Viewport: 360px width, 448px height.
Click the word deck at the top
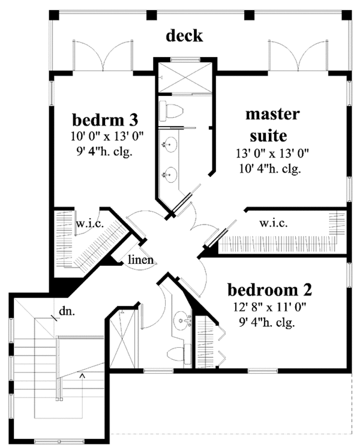click(x=184, y=36)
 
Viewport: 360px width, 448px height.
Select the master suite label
click(x=272, y=122)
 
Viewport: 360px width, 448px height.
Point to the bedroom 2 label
click(x=270, y=290)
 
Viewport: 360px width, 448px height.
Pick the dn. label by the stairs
click(x=66, y=312)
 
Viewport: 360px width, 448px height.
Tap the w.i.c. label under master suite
click(x=274, y=223)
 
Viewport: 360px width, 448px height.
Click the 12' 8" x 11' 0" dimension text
click(x=270, y=309)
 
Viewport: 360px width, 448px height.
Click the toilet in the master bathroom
click(x=172, y=111)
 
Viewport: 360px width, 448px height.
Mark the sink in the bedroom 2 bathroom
click(x=180, y=320)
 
